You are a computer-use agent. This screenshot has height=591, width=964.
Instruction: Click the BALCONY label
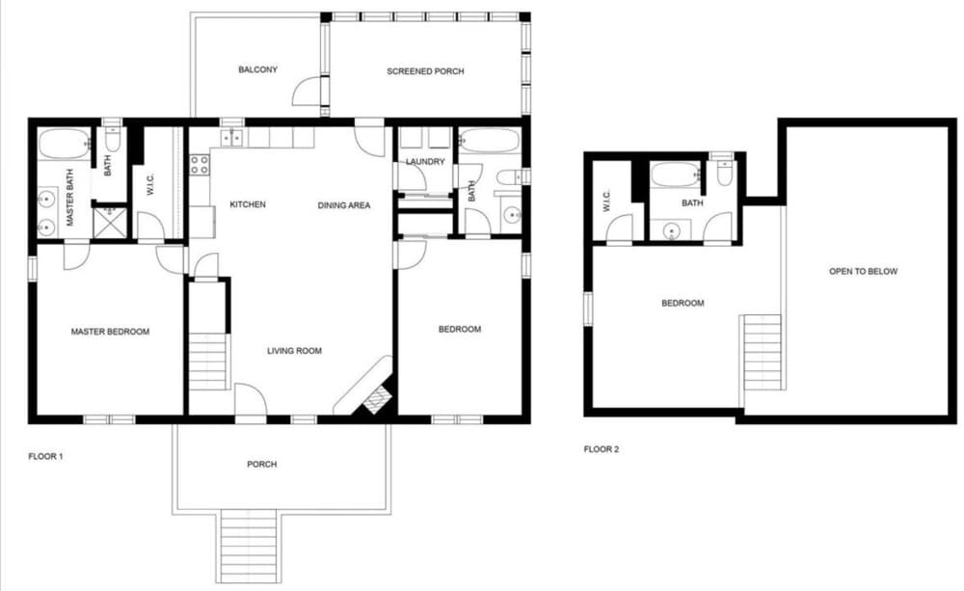pos(257,69)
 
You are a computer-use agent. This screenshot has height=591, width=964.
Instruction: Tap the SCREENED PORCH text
pos(425,71)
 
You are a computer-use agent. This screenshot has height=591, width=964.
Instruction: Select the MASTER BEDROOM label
pos(110,332)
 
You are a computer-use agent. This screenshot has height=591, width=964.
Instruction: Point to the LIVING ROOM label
pos(294,351)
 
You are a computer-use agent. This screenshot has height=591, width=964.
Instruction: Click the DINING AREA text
pos(344,205)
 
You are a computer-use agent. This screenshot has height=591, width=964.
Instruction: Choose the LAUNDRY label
pos(425,162)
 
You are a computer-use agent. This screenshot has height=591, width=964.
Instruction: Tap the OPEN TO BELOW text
pos(863,272)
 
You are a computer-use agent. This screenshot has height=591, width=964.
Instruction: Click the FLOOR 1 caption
pos(45,456)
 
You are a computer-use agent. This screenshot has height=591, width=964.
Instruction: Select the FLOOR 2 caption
pos(602,449)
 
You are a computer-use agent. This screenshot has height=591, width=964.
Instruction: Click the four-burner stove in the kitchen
pos(200,165)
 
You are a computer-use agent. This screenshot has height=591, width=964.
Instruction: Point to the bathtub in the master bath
pos(64,145)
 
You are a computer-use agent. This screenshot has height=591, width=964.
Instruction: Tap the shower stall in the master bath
pos(110,222)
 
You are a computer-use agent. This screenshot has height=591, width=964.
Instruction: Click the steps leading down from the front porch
pos(250,546)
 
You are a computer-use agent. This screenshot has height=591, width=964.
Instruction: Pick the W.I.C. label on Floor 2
pos(606,201)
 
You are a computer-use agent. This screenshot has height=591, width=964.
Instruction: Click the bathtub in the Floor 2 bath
pos(674,175)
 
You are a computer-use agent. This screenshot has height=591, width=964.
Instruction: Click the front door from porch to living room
pos(250,402)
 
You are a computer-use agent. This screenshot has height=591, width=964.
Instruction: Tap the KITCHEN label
pos(248,205)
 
